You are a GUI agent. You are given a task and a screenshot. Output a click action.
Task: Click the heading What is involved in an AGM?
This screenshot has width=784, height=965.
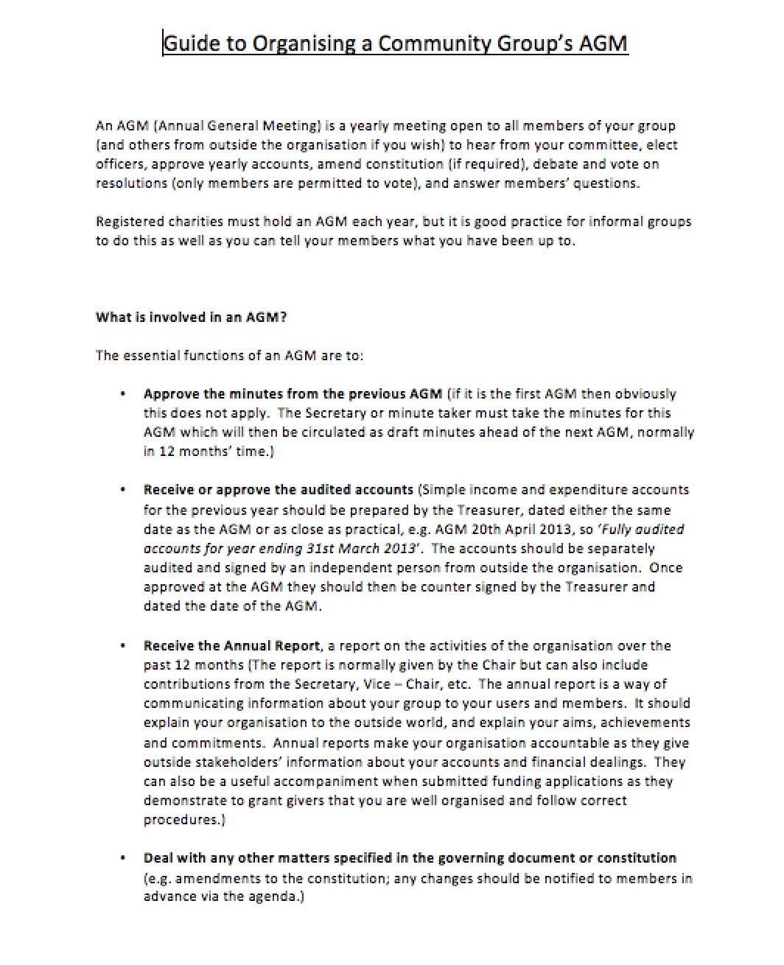tap(191, 317)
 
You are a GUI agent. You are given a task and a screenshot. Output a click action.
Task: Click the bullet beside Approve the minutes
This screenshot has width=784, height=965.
tap(123, 395)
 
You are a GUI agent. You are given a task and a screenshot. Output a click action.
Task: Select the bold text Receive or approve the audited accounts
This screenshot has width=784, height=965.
tap(279, 490)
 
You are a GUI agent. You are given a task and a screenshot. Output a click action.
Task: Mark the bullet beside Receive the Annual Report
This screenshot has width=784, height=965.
tap(123, 647)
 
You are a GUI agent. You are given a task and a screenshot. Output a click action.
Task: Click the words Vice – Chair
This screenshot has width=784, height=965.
tap(406, 684)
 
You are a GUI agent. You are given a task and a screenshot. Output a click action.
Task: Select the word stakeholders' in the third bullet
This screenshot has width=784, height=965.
tap(239, 762)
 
